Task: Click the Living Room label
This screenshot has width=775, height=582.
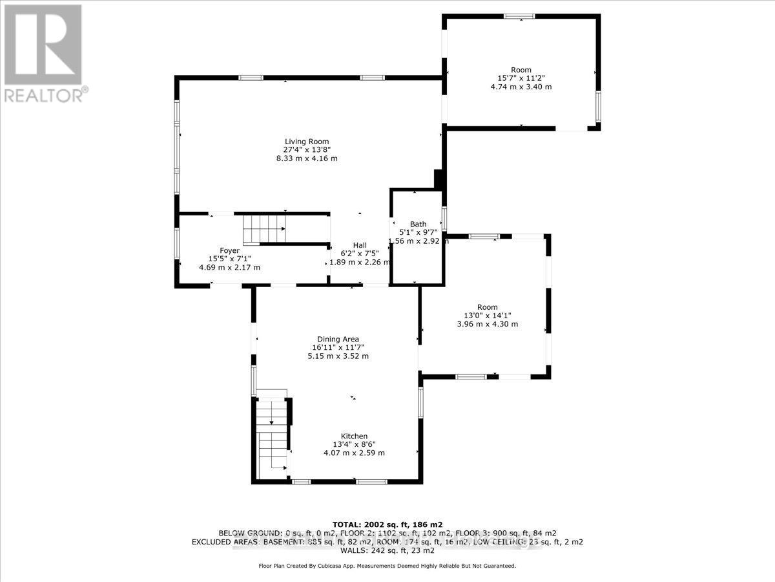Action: pos(307,142)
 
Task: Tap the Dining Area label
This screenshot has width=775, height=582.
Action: pos(337,339)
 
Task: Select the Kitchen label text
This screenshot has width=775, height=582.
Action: pos(354,436)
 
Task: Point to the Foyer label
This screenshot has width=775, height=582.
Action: pos(229,250)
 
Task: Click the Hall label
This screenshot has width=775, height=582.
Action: pos(360,245)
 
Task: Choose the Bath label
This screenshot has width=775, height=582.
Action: pos(418,224)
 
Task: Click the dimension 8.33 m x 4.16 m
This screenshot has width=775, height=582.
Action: pos(307,158)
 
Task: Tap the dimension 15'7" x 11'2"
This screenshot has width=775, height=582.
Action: pos(521,78)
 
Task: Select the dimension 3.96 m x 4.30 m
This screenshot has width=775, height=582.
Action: pos(488,324)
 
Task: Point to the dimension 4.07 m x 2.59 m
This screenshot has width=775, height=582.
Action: pos(354,453)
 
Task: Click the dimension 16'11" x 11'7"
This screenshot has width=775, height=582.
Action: pos(337,347)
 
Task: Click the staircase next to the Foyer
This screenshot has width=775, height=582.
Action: pos(263,229)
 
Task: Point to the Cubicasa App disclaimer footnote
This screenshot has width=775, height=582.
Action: pos(387,566)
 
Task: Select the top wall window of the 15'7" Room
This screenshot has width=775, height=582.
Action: pos(521,16)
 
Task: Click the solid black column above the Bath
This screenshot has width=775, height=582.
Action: pos(439,179)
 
